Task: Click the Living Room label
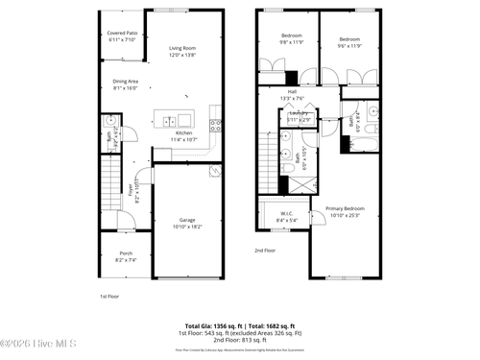click(182, 48)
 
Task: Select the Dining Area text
click(126, 82)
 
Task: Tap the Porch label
click(126, 253)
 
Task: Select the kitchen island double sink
click(169, 121)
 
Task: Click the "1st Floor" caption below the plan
click(109, 297)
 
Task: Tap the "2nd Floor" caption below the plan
click(265, 251)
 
